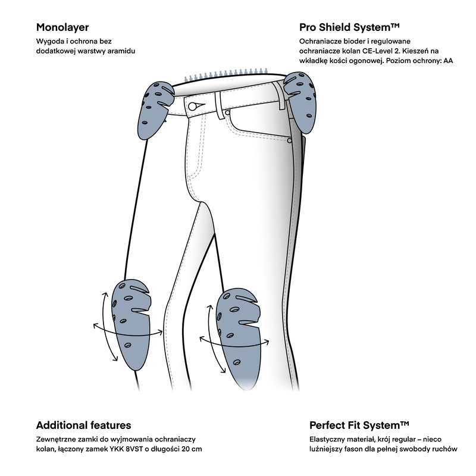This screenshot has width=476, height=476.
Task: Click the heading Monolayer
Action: click(x=62, y=27)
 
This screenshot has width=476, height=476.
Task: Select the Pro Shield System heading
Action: click(x=348, y=27)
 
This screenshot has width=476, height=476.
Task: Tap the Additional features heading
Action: click(x=83, y=425)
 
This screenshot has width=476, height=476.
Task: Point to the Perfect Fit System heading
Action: click(x=359, y=425)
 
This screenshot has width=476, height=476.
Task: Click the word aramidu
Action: click(x=120, y=52)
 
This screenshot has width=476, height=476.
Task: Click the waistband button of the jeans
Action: click(x=193, y=107)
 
